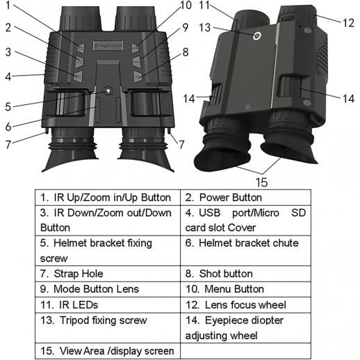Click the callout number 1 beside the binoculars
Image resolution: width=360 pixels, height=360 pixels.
pyautogui.click(x=8, y=5)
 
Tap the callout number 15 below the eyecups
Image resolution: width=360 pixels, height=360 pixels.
pyautogui.click(x=261, y=182)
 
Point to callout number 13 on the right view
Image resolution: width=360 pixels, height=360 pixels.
pyautogui.click(x=205, y=28)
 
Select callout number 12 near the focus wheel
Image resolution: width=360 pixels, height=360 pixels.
pyautogui.click(x=348, y=23)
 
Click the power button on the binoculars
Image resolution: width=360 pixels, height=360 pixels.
pyautogui.click(x=79, y=61)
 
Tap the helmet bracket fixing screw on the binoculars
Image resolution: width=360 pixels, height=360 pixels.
pyautogui.click(x=108, y=91)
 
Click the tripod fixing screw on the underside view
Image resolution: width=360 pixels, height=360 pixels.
pyautogui.click(x=257, y=35)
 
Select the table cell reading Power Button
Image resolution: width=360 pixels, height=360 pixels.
pyautogui.click(x=245, y=197)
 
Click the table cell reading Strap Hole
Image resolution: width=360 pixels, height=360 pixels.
pyautogui.click(x=108, y=274)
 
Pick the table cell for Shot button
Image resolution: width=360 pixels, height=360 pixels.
pyautogui.click(x=245, y=274)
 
